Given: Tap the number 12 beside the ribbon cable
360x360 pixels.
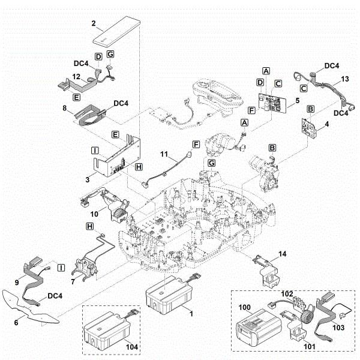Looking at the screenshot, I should (x=76, y=76).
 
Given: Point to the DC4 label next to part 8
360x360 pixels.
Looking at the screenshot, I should (x=121, y=104).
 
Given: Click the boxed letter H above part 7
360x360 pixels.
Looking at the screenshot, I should (x=90, y=226).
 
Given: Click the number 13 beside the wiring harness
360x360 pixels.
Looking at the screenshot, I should (x=343, y=79).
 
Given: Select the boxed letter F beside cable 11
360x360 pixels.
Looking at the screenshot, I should (x=195, y=145).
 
